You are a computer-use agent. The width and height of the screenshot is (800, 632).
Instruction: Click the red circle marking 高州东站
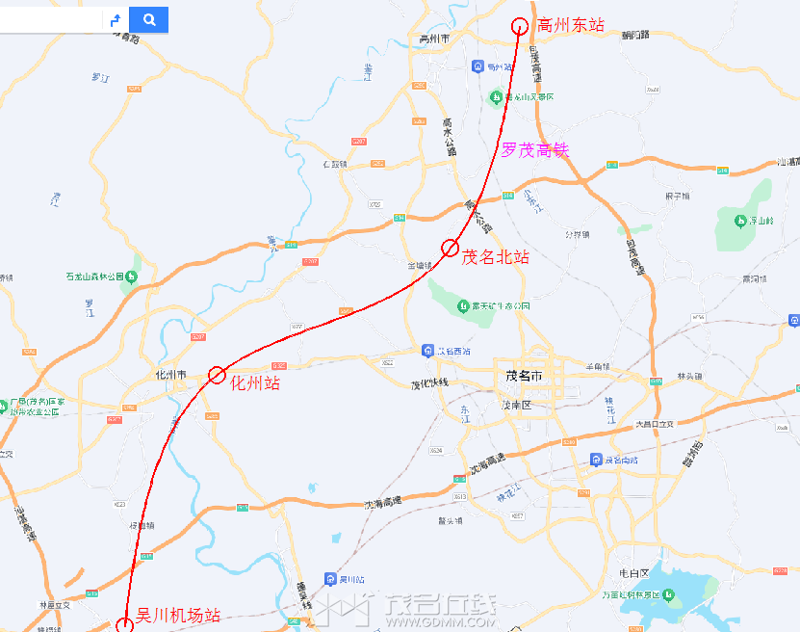click(x=520, y=26)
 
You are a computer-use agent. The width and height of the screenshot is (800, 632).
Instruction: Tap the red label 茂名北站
click(x=496, y=257)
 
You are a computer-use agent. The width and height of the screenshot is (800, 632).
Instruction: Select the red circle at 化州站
click(x=217, y=375)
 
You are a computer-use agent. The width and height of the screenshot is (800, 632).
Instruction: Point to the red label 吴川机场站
click(x=178, y=615)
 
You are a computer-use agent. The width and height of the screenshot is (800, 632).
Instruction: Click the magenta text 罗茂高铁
click(x=535, y=150)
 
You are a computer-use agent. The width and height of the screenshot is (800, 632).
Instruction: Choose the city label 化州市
click(x=170, y=375)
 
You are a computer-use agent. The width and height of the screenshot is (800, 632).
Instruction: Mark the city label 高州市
click(x=435, y=39)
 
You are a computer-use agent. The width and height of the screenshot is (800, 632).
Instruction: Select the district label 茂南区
click(x=516, y=406)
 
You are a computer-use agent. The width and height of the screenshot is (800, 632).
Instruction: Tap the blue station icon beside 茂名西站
click(x=426, y=351)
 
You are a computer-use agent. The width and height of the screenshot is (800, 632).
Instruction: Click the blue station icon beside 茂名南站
click(x=597, y=460)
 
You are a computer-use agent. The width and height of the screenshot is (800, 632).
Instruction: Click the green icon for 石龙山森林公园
click(x=132, y=277)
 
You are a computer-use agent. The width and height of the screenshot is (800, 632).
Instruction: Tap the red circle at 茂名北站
click(x=450, y=249)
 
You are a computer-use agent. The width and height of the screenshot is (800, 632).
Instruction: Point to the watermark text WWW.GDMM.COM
click(x=441, y=622)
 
